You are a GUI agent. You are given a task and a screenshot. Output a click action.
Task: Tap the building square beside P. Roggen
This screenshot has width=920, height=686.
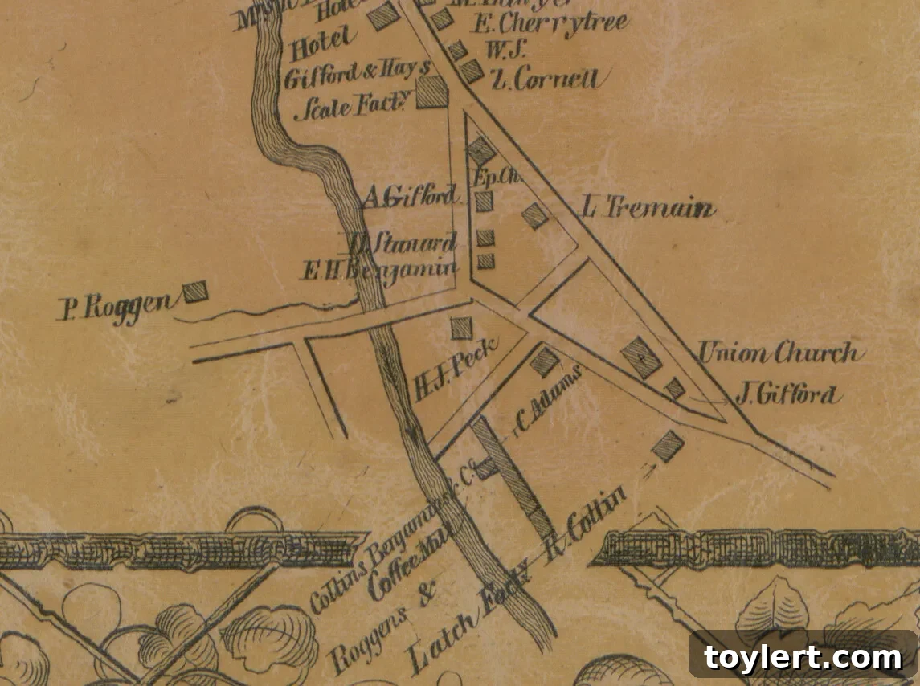194,292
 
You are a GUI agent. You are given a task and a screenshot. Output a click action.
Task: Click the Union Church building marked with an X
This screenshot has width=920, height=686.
641,357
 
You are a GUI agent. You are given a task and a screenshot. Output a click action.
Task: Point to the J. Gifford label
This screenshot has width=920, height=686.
787,394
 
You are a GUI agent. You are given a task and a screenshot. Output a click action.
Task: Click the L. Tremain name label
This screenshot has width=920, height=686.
647,209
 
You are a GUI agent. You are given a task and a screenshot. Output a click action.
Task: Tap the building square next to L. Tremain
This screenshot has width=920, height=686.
535,215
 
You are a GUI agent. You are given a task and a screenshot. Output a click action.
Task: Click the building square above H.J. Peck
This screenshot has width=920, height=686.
461,328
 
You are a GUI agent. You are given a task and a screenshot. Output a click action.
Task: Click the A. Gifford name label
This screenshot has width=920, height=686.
410,196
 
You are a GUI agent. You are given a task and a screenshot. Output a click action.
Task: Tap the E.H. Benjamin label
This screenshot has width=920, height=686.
379,271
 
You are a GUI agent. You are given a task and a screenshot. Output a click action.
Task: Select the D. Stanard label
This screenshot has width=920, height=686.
403,242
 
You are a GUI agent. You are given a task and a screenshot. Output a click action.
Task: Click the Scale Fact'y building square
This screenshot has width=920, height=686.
431,92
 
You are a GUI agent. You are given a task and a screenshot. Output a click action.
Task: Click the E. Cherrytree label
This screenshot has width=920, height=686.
550,24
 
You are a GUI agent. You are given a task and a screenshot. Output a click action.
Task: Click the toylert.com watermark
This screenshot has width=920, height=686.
803,657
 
